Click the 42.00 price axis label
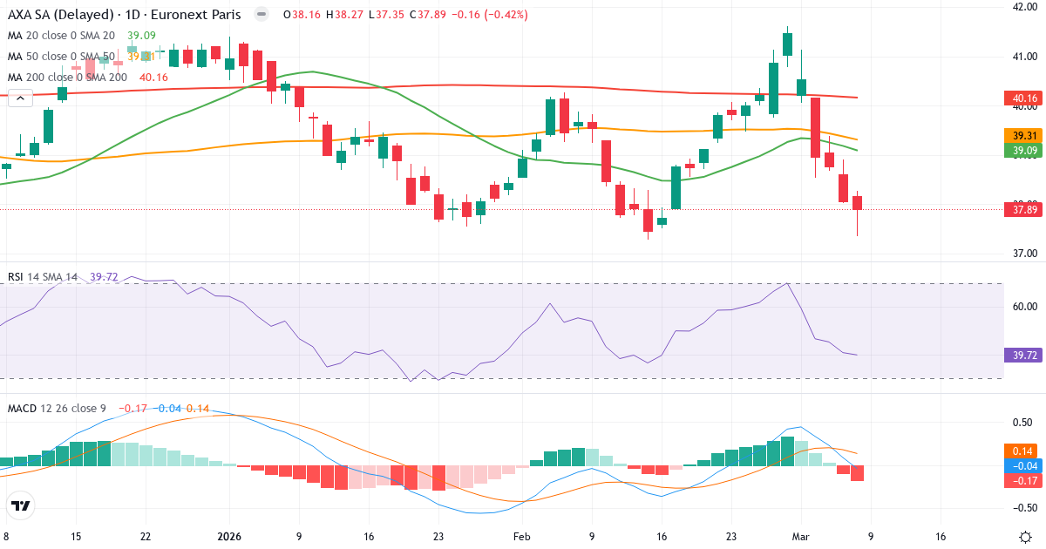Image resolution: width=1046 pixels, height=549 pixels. click(1022, 7)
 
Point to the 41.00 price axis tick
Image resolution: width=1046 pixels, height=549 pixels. click(1022, 57)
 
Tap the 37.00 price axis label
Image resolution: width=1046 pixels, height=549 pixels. click(1022, 254)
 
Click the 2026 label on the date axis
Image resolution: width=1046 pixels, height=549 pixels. click(228, 537)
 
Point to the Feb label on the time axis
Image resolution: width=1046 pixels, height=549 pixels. click(521, 537)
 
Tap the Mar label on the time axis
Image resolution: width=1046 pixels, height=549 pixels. click(801, 537)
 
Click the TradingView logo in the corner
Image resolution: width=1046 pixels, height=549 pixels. click(21, 505)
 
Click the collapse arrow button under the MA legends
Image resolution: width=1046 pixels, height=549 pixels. click(19, 98)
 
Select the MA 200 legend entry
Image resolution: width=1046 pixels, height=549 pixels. click(68, 78)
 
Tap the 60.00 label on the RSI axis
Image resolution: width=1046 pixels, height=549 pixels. click(1022, 307)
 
